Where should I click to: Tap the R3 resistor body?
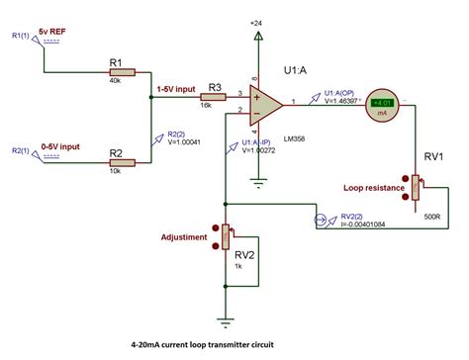[212, 99]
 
